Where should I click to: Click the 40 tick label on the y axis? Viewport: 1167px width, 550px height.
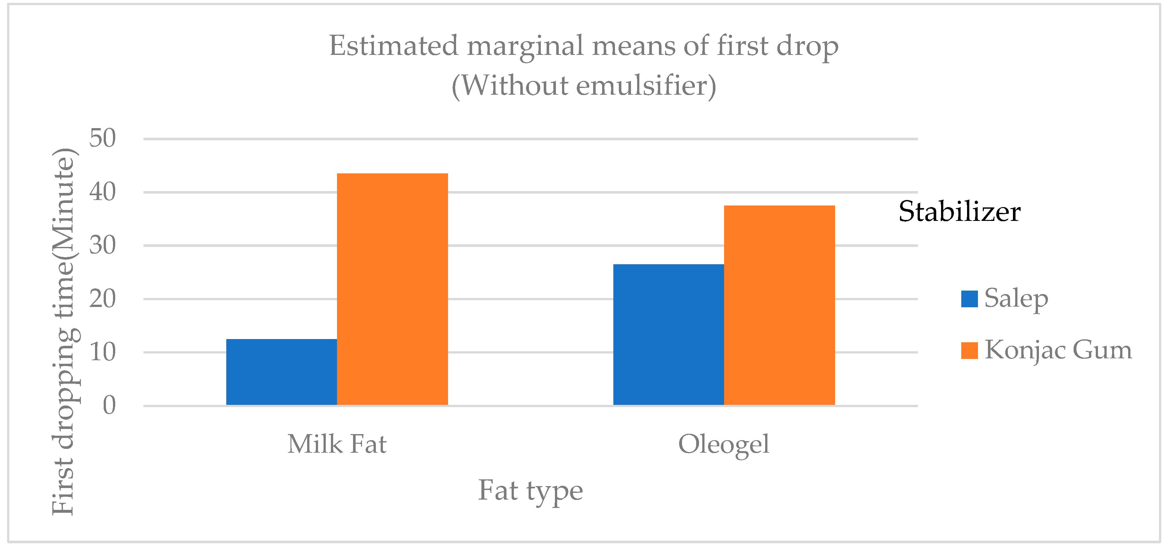(102, 192)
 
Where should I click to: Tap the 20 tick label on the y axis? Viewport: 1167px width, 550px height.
(102, 299)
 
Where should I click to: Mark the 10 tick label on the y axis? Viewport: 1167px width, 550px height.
(102, 352)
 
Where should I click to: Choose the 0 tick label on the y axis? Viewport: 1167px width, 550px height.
(109, 406)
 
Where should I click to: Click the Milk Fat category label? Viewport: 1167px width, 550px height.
(337, 444)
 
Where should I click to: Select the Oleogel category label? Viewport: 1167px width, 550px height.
(723, 444)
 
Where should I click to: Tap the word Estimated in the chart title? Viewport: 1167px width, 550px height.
(393, 46)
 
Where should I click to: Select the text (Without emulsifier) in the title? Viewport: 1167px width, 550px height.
(583, 86)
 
